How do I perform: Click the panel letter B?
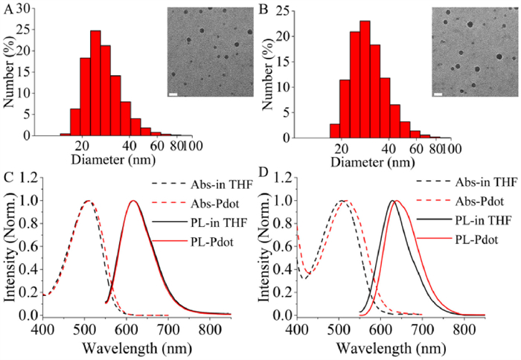click(266, 10)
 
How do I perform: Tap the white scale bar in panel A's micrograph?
click(172, 94)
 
